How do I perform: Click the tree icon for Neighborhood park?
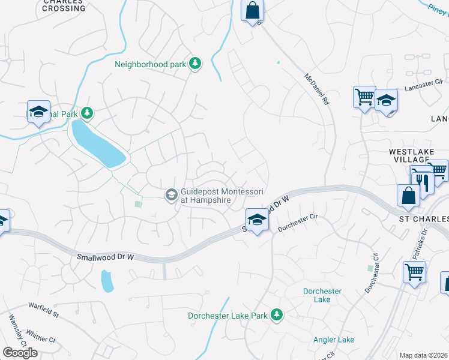[x=194, y=63]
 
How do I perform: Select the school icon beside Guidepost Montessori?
[x=171, y=193]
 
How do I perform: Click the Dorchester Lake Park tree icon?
[x=276, y=314]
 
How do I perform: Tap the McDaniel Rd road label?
[x=318, y=90]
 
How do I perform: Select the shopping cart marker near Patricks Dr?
[x=414, y=272]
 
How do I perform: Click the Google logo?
[x=20, y=353]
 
